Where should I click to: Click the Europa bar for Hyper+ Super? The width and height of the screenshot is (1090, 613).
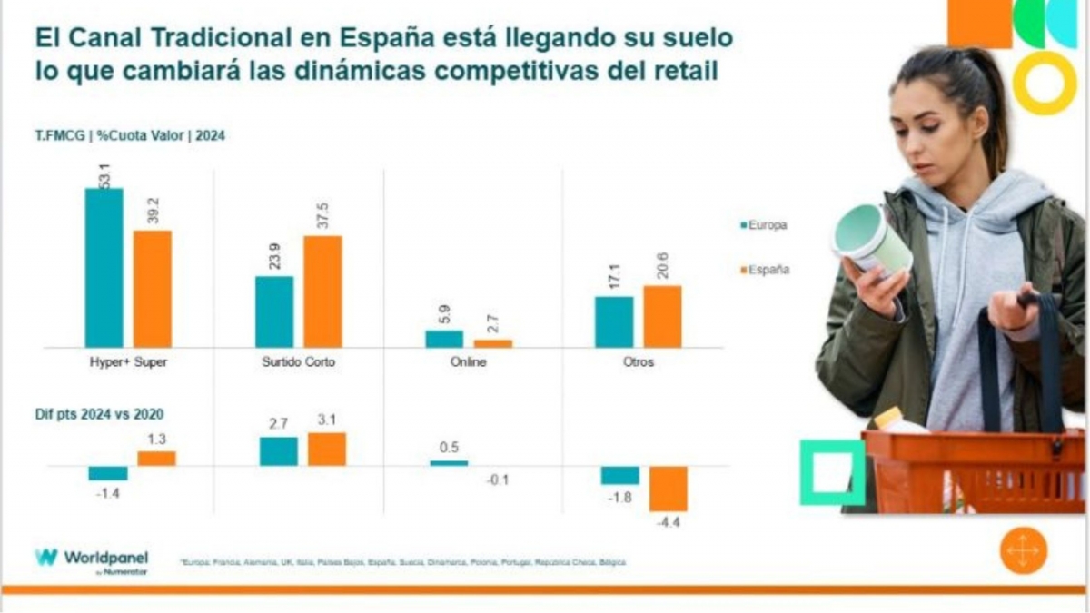[x=104, y=268]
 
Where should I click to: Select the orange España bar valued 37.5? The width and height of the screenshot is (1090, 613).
[x=322, y=292]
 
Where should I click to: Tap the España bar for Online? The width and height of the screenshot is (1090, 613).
[x=493, y=343]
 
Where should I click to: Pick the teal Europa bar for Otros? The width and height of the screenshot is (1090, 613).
[x=614, y=321]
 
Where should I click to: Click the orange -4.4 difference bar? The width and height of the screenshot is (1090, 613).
[x=668, y=489]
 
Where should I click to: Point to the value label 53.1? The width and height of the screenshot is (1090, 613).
[x=104, y=174]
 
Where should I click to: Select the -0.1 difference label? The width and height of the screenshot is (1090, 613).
[x=494, y=480]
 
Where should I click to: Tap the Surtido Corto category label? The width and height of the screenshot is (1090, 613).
[x=298, y=362]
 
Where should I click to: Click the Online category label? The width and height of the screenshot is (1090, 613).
[x=469, y=362]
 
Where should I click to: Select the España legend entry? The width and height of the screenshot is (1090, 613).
[x=764, y=269]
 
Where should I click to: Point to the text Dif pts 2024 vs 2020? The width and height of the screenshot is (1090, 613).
[x=100, y=414]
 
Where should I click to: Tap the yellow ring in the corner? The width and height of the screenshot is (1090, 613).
[x=1045, y=83]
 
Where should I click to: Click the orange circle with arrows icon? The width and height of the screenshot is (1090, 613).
[x=1024, y=551]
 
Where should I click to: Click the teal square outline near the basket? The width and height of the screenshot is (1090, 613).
[x=832, y=472]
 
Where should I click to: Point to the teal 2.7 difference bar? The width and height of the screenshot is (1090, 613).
[x=278, y=451]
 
